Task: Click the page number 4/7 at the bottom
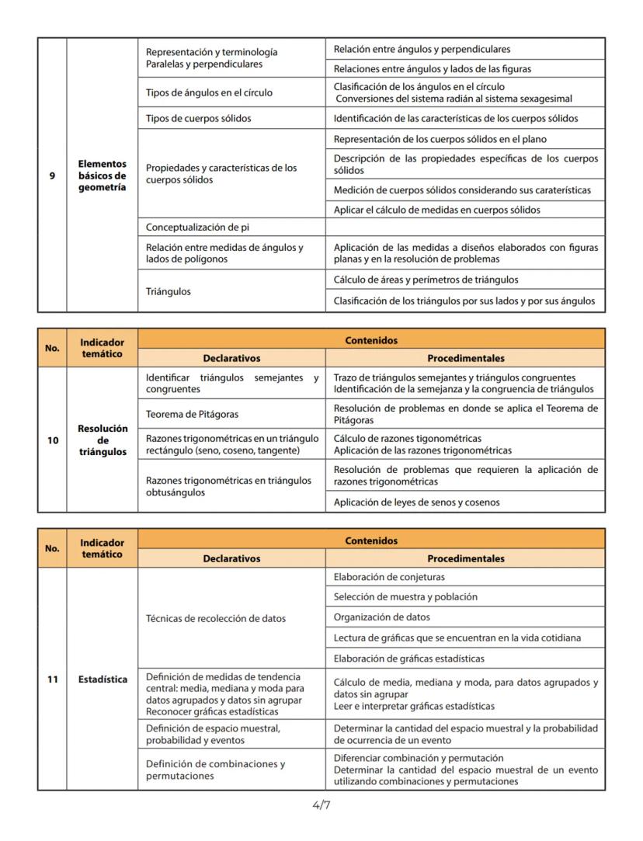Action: click(321, 805)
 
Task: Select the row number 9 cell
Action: click(52, 175)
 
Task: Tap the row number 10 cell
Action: click(52, 440)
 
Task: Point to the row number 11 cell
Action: click(52, 679)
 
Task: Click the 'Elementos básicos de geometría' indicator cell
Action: click(102, 175)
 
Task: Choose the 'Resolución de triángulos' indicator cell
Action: click(102, 440)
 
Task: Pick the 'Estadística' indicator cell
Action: click(102, 679)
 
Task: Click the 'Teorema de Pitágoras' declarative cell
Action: click(231, 414)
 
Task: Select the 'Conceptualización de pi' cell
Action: click(231, 228)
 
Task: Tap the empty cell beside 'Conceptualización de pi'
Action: click(465, 228)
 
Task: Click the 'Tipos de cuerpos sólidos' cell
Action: click(231, 119)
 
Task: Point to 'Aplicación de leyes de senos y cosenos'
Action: click(465, 502)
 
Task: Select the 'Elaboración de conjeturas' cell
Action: click(465, 577)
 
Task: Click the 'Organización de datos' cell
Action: click(465, 617)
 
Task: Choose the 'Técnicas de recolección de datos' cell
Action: click(231, 618)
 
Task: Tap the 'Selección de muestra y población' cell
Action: click(465, 597)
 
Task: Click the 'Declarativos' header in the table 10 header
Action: click(231, 359)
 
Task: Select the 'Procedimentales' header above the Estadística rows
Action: click(465, 558)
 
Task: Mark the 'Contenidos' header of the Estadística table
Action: click(371, 540)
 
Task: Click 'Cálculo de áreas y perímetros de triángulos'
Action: click(465, 280)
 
